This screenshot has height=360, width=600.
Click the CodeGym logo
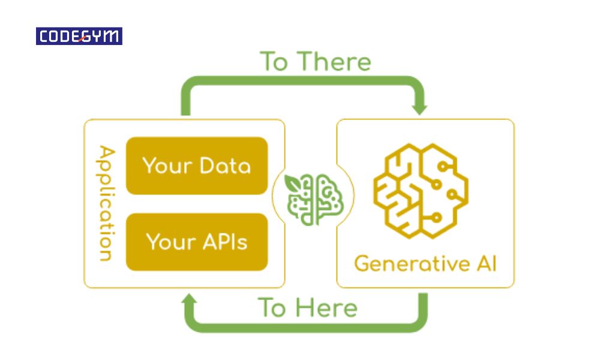[79, 37]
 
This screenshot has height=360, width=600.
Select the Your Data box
[197, 166]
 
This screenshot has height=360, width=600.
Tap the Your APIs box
[197, 241]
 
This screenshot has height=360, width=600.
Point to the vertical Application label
[106, 203]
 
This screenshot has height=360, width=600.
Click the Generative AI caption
[425, 263]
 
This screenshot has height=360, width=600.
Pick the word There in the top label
[334, 62]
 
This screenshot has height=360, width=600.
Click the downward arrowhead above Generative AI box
[420, 108]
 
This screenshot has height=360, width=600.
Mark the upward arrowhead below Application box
[190, 301]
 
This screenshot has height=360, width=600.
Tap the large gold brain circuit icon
[421, 190]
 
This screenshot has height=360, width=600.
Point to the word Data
[224, 166]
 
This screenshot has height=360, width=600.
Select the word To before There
[274, 62]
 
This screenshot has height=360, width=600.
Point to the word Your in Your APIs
[169, 242]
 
